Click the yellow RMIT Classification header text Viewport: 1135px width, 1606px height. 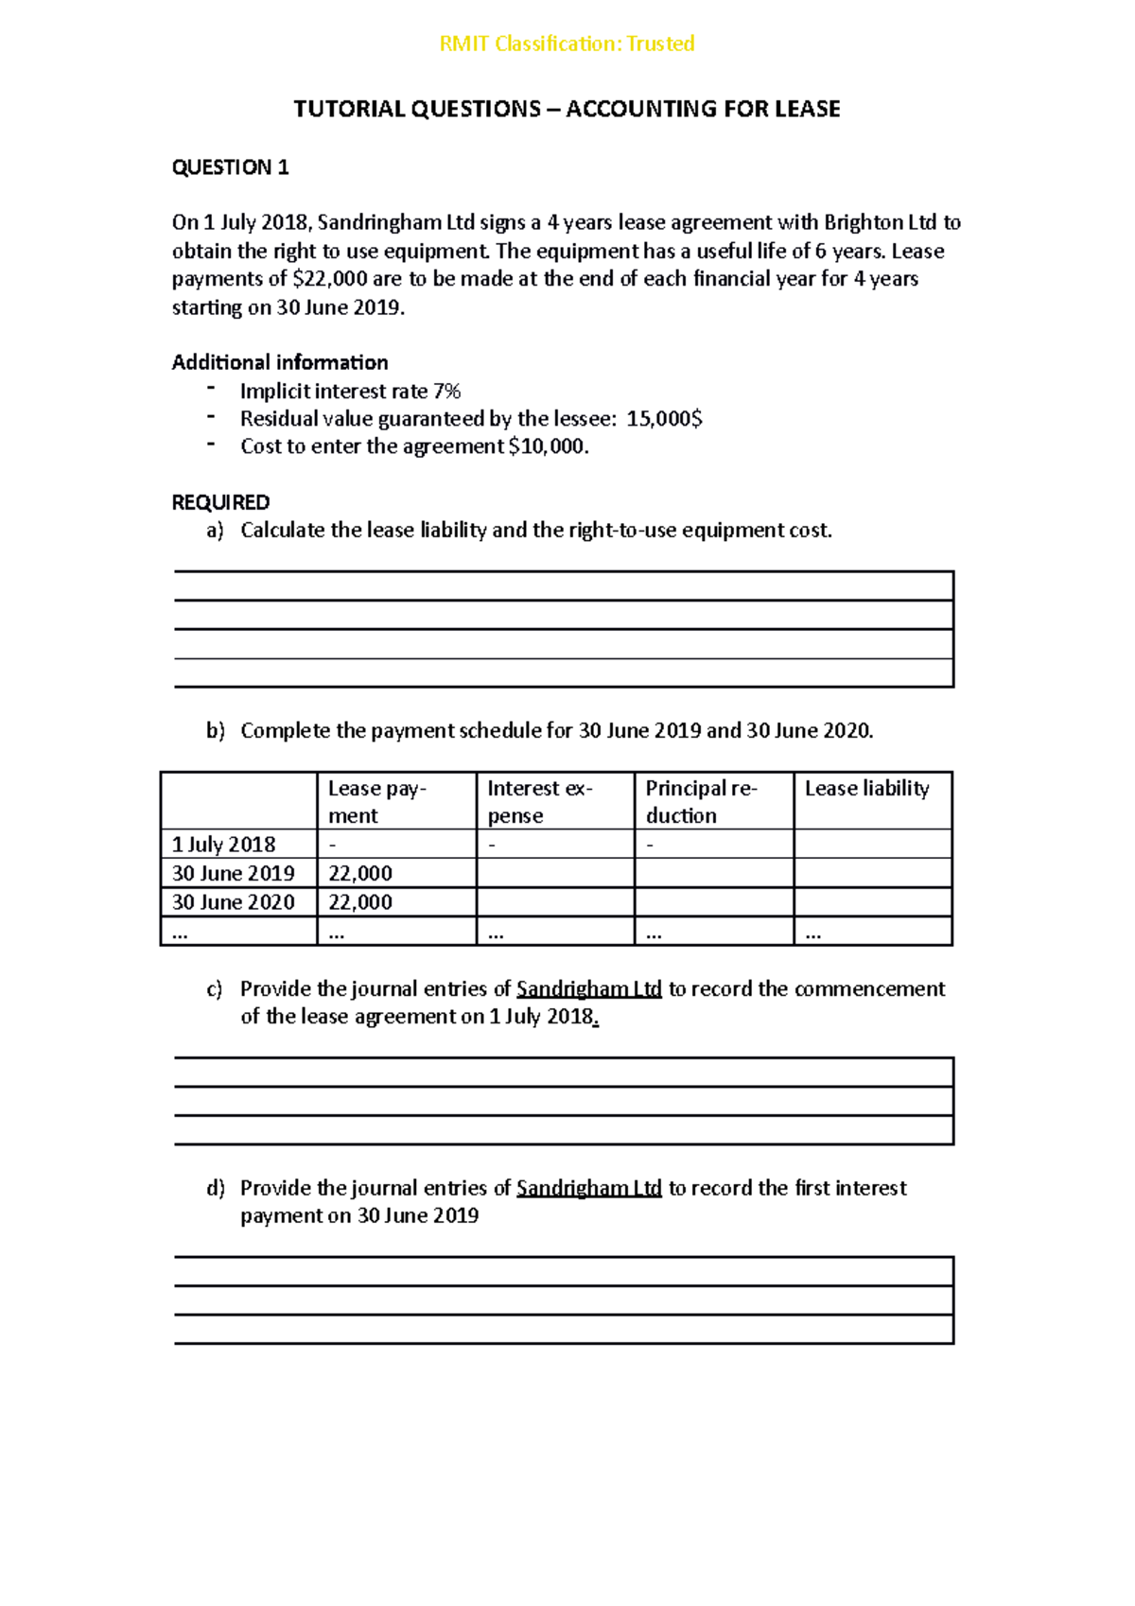pyautogui.click(x=567, y=44)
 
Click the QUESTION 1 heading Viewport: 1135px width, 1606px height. pyautogui.click(x=230, y=167)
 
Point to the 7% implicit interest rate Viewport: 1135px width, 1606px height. pyautogui.click(x=446, y=391)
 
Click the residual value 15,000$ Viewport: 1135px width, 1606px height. pyautogui.click(x=664, y=418)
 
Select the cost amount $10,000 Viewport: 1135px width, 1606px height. pyautogui.click(x=548, y=446)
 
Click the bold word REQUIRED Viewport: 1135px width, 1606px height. pyautogui.click(x=220, y=502)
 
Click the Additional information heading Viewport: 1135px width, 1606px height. pyautogui.click(x=280, y=362)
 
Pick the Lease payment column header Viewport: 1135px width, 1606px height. pyautogui.click(x=377, y=801)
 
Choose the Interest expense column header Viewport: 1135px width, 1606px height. pyautogui.click(x=539, y=801)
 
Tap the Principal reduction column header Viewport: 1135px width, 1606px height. pyautogui.click(x=700, y=801)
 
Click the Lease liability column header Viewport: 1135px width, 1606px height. pyautogui.click(x=866, y=788)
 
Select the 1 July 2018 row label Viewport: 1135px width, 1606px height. pyautogui.click(x=224, y=844)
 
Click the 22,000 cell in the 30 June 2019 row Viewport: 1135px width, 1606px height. pyautogui.click(x=360, y=873)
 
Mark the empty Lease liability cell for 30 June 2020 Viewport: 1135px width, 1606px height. pyautogui.click(x=872, y=901)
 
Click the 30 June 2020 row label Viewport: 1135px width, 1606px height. pyautogui.click(x=233, y=901)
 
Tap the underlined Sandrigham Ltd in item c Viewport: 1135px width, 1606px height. pyautogui.click(x=588, y=988)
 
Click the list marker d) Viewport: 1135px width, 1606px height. pyautogui.click(x=216, y=1188)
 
